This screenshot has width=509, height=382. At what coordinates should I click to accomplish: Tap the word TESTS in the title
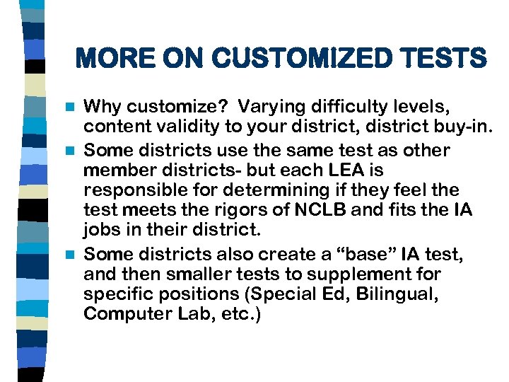(443, 58)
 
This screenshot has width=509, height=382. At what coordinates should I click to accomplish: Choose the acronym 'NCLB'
(339, 210)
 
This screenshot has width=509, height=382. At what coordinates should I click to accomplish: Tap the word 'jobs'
(102, 231)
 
